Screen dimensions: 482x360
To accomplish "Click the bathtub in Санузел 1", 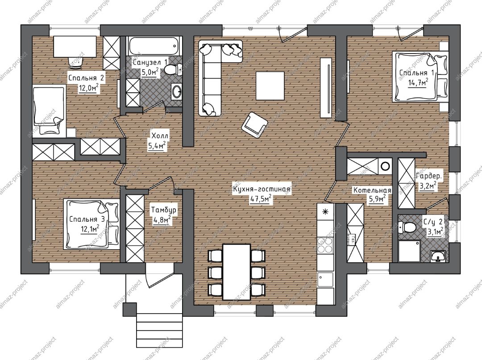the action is click(x=154, y=46).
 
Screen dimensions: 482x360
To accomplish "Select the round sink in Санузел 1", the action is click(x=176, y=91).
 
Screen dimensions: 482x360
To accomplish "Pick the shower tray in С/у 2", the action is click(x=409, y=251).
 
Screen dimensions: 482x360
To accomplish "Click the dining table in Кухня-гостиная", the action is click(x=237, y=272).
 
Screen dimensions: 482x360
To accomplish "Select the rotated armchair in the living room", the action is click(x=255, y=123).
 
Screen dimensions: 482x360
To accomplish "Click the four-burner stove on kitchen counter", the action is click(x=325, y=245).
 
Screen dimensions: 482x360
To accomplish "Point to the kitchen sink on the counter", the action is click(x=325, y=280).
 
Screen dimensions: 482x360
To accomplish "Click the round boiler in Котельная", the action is click(x=385, y=166).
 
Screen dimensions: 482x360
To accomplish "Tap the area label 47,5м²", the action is click(x=261, y=199).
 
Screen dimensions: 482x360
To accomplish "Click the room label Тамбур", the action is click(x=163, y=210).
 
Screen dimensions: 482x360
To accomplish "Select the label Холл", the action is click(x=160, y=136).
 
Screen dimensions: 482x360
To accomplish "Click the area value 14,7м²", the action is click(x=418, y=83).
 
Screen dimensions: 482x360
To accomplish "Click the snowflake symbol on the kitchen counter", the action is click(x=325, y=211).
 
